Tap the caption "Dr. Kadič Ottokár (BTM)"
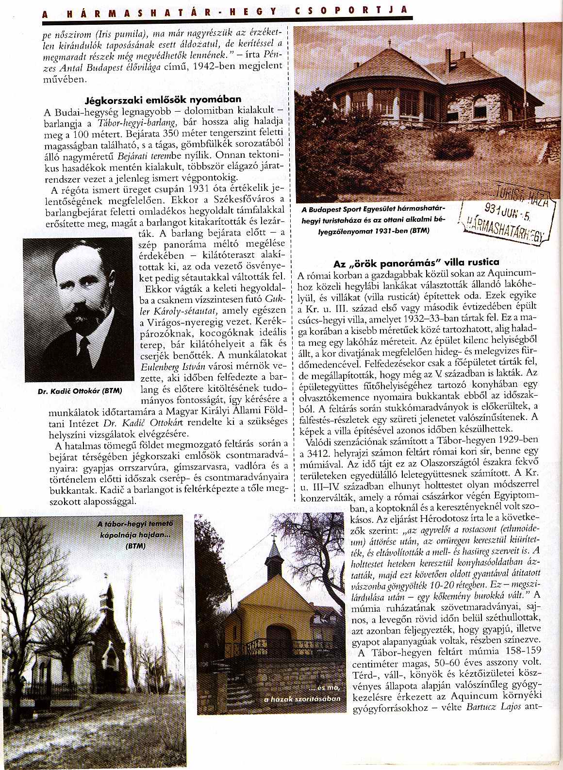(80, 390)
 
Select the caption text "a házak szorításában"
(302, 699)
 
